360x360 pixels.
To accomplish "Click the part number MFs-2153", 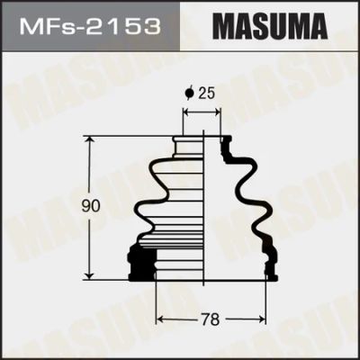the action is [x=90, y=26].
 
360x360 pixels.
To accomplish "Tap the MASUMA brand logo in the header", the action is [x=270, y=26].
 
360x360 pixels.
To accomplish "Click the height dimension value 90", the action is [x=90, y=206].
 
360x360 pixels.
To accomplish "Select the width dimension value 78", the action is [x=211, y=319].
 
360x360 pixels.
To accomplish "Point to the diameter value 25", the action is [x=207, y=94].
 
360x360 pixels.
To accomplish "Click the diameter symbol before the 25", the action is [x=189, y=94].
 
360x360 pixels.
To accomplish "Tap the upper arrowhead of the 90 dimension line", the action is [x=89, y=140].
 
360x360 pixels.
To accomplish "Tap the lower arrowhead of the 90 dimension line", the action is [x=89, y=275].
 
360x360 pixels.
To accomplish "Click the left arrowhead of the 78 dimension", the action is [x=160, y=319].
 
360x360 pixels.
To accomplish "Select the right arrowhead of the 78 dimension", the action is [x=261, y=319].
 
